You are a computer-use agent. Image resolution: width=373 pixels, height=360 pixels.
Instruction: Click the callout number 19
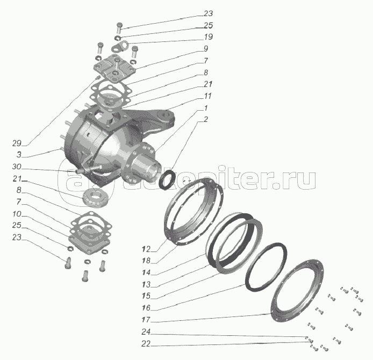click(x=208, y=37)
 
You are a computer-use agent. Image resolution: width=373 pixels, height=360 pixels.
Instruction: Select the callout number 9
click(x=206, y=49)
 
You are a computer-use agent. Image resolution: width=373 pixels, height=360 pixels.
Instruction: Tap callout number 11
click(x=207, y=96)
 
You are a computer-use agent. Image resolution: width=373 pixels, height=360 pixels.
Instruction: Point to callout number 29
click(x=17, y=143)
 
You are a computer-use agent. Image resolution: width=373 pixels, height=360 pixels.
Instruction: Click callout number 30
click(x=17, y=167)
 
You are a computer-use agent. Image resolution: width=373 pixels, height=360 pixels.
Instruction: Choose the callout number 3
click(x=19, y=155)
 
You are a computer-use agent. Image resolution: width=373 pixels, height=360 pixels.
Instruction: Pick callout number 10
click(x=17, y=214)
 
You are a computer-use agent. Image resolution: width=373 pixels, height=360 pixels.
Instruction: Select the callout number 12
click(x=146, y=249)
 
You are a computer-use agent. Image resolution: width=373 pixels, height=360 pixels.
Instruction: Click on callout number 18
click(x=146, y=261)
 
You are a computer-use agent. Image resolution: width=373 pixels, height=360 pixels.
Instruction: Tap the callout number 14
click(x=146, y=272)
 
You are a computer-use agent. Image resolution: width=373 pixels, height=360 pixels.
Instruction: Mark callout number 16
click(x=146, y=308)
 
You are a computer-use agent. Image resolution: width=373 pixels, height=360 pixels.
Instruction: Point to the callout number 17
click(x=146, y=320)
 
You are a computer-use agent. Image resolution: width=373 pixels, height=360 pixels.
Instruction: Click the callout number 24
click(x=146, y=332)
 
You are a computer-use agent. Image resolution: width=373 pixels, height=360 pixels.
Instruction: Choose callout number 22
click(x=146, y=343)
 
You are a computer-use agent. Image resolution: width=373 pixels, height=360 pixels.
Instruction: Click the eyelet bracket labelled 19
click(x=120, y=46)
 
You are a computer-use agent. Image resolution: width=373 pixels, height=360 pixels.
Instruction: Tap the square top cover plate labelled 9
click(x=114, y=68)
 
